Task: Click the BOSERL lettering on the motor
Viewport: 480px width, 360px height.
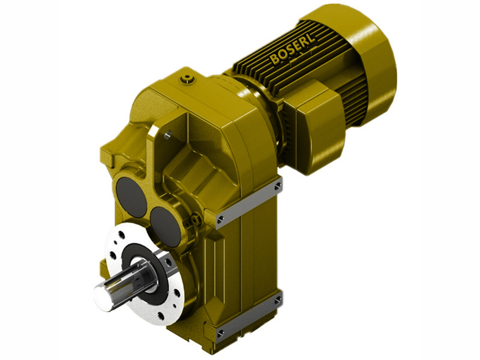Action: (x=295, y=50)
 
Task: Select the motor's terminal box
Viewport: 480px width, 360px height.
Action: (x=315, y=129)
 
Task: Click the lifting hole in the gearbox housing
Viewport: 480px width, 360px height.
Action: (x=167, y=136)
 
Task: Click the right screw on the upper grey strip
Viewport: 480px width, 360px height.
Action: (x=277, y=187)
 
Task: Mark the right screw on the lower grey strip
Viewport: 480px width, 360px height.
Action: (x=277, y=298)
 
